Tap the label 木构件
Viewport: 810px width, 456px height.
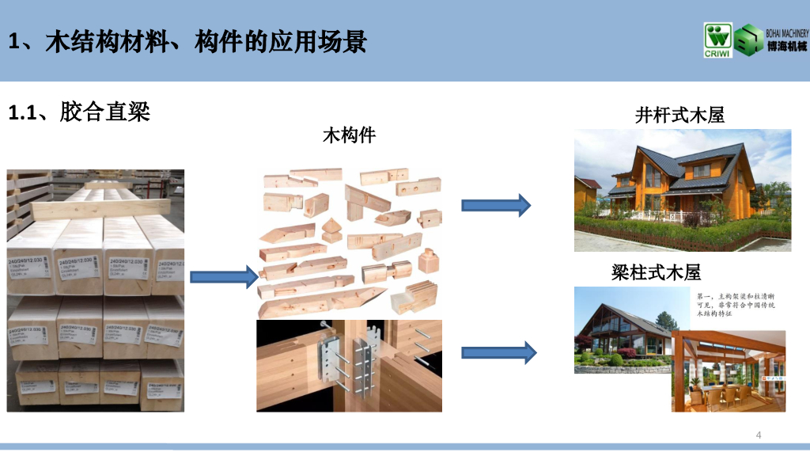click(349, 135)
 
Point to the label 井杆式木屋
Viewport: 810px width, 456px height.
click(679, 116)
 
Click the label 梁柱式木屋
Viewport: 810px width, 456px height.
click(656, 273)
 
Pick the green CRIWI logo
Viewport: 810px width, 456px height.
click(717, 40)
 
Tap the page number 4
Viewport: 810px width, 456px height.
click(759, 435)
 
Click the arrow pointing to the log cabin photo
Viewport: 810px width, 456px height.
click(495, 205)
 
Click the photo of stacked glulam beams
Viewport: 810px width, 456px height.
click(96, 290)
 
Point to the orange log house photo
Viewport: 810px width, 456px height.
click(682, 190)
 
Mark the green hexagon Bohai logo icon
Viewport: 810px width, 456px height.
click(748, 40)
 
